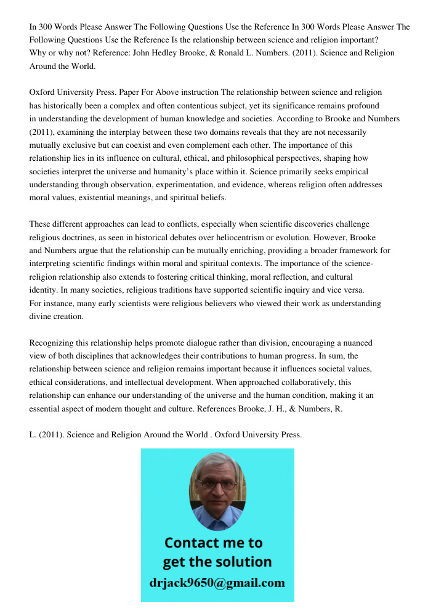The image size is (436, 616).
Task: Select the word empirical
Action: click(349, 172)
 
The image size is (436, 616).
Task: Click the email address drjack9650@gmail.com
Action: click(217, 583)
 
